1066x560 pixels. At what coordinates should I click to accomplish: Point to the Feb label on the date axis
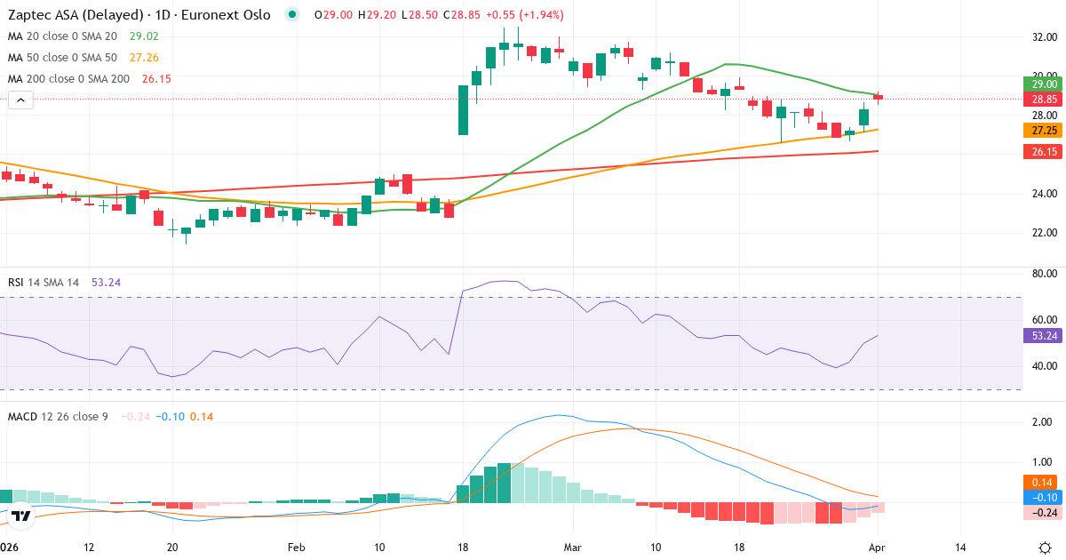coord(296,547)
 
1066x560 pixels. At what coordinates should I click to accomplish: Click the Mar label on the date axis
coord(572,547)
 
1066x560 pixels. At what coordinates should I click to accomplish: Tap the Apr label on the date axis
coord(878,547)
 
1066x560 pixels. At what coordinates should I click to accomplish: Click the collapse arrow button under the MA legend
coord(20,100)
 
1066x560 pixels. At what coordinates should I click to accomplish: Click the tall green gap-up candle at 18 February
coord(463,109)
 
